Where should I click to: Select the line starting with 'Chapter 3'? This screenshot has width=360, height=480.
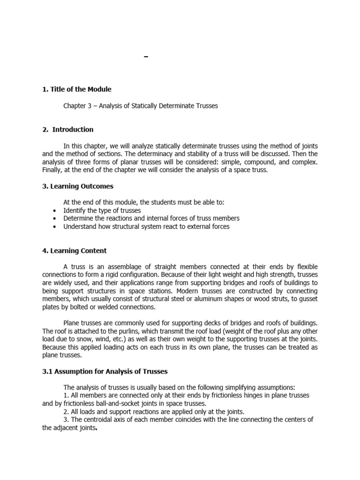point(141,106)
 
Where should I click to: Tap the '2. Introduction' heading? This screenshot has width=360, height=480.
point(68,129)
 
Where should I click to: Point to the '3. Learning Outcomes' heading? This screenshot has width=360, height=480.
point(78,186)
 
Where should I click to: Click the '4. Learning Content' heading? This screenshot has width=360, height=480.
point(75,251)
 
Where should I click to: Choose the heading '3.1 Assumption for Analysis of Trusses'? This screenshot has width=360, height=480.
point(105,371)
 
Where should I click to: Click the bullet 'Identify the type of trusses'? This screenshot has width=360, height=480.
point(102,210)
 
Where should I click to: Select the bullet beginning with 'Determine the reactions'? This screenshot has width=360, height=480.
point(151,218)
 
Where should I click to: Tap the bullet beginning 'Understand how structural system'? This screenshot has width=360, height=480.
point(146,226)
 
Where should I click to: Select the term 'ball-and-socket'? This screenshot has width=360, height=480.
point(109,403)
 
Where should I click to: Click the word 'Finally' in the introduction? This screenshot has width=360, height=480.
point(52,170)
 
